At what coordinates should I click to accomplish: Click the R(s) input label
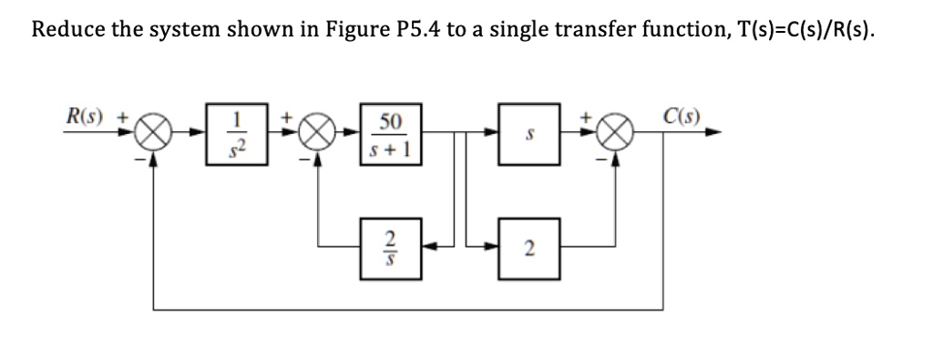pyautogui.click(x=87, y=117)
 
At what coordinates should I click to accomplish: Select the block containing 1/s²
pyautogui.click(x=237, y=133)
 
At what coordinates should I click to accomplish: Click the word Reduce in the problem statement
pyautogui.click(x=68, y=30)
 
